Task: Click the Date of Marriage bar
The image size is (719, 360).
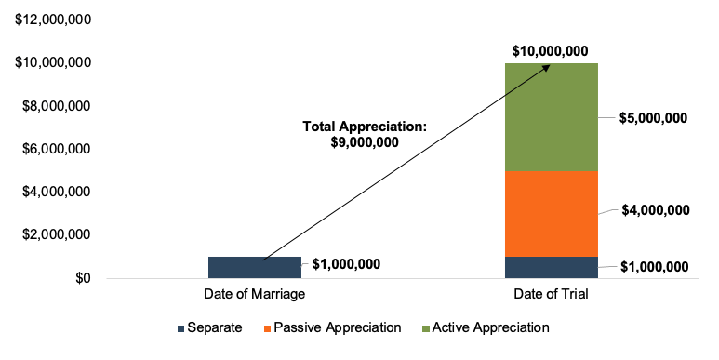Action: (x=254, y=267)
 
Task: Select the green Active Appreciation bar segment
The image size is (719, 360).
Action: (x=550, y=117)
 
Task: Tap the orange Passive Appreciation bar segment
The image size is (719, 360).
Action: (x=550, y=214)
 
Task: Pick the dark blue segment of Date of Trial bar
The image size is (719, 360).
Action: (x=550, y=267)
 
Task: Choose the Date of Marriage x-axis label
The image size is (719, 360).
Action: (x=254, y=295)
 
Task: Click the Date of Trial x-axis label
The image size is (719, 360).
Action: (x=550, y=295)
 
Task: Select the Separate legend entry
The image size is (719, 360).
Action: (x=211, y=327)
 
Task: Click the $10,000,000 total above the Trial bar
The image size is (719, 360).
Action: (x=550, y=50)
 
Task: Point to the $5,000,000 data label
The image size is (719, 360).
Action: (x=654, y=118)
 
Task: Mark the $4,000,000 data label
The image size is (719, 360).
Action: (x=656, y=210)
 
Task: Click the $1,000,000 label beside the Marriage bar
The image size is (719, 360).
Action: (x=346, y=264)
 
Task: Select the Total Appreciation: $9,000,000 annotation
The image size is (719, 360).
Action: (x=364, y=134)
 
